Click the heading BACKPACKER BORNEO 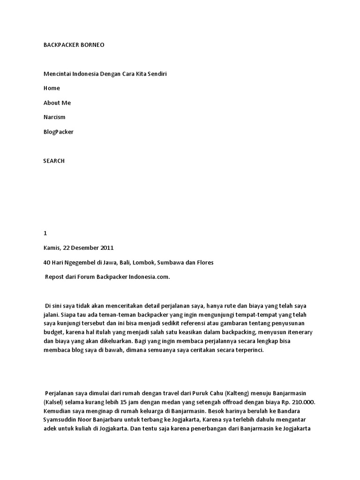(x=74, y=45)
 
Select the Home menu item (x=52, y=88)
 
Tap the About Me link (x=57, y=103)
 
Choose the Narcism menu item (x=54, y=117)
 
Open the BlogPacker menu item (x=59, y=132)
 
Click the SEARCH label (x=54, y=161)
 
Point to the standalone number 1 (x=45, y=233)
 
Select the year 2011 (x=106, y=248)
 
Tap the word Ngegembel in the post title (x=79, y=262)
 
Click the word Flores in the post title (x=204, y=262)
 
